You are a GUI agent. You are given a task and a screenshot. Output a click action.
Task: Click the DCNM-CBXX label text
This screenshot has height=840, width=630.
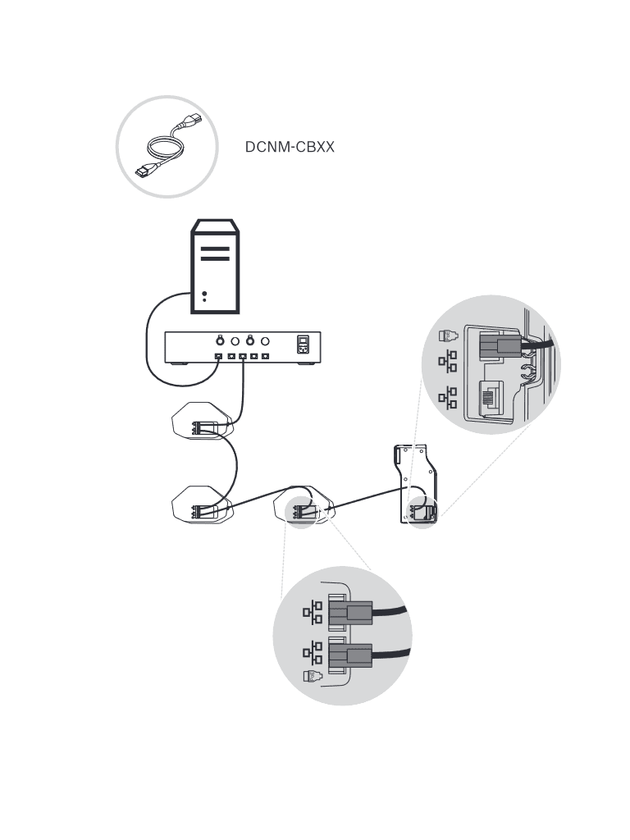coord(290,148)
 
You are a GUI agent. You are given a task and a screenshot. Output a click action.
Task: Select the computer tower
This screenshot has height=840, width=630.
coord(215,266)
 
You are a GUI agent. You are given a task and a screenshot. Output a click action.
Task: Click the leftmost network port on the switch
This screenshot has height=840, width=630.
coord(219,357)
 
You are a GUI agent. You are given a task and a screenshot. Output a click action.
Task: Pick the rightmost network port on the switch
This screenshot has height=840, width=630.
coord(266,357)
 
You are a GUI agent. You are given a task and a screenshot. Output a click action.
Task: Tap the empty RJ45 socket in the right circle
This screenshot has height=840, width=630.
coord(492,400)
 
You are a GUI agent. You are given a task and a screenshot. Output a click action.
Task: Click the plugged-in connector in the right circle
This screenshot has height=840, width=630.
coord(497,346)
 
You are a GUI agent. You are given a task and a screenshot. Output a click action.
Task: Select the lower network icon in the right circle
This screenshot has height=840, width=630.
coord(448,398)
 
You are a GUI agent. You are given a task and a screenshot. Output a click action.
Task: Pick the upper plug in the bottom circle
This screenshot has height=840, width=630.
coord(351,613)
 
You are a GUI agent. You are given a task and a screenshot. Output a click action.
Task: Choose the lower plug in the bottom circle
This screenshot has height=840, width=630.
coord(351,655)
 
